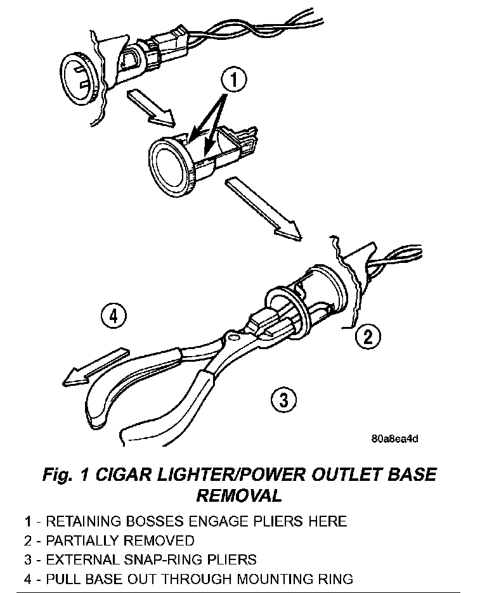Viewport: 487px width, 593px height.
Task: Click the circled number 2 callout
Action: tap(368, 336)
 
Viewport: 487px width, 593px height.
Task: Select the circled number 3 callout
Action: tap(283, 399)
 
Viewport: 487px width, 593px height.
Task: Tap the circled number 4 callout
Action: tap(114, 316)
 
